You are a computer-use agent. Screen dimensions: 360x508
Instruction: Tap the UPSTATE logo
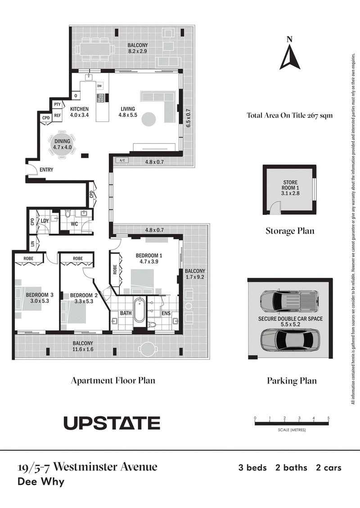click(x=112, y=423)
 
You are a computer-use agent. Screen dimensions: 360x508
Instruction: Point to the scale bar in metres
click(x=292, y=422)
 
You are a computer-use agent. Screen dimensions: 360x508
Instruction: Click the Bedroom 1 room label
click(x=149, y=256)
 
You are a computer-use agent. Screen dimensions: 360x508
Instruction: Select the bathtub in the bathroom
click(x=139, y=310)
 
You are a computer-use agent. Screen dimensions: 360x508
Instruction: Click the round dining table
click(x=62, y=144)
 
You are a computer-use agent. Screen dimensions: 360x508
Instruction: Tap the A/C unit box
click(x=122, y=160)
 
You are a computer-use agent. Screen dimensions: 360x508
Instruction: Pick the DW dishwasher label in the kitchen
click(x=99, y=86)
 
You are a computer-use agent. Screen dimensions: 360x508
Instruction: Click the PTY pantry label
click(x=58, y=104)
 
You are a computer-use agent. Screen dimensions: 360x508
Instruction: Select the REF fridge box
click(x=58, y=116)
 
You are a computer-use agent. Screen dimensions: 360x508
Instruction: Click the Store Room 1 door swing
click(x=276, y=207)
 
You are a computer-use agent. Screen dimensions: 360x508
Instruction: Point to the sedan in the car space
click(x=290, y=340)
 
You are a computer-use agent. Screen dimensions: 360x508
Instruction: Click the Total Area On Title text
click(x=290, y=116)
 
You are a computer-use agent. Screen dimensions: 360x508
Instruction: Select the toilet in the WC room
click(x=68, y=214)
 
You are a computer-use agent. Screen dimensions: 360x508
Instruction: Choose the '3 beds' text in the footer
click(x=252, y=468)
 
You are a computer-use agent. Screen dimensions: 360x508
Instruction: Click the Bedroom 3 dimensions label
click(x=40, y=301)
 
